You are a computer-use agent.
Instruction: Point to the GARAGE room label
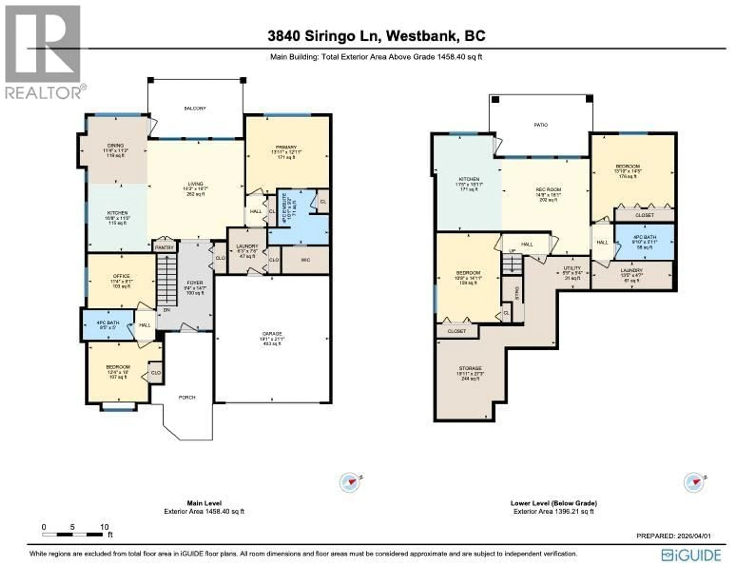coord(272,334)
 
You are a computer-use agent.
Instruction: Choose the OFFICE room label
coord(121,276)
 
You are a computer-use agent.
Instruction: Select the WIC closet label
coord(305,260)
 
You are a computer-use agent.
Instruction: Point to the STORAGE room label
coord(470,368)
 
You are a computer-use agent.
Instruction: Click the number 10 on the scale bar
coord(104,527)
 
